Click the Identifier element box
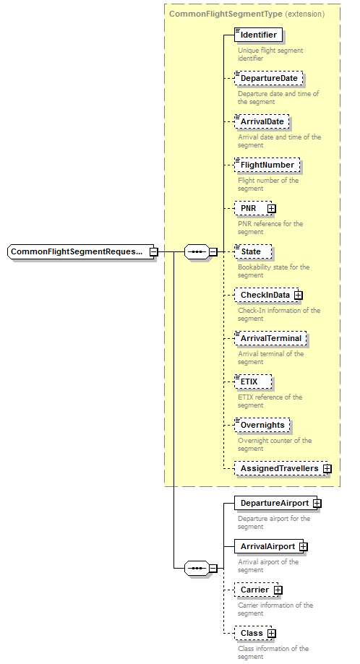(258, 35)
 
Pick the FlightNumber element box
(267, 165)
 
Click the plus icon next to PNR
(271, 209)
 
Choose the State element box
(253, 251)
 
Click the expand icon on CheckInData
(298, 296)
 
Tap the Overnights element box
(262, 425)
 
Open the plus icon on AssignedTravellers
(327, 469)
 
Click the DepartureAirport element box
(274, 503)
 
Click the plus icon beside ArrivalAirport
(304, 547)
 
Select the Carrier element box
(254, 590)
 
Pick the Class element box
(252, 633)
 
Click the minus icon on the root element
(153, 252)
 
